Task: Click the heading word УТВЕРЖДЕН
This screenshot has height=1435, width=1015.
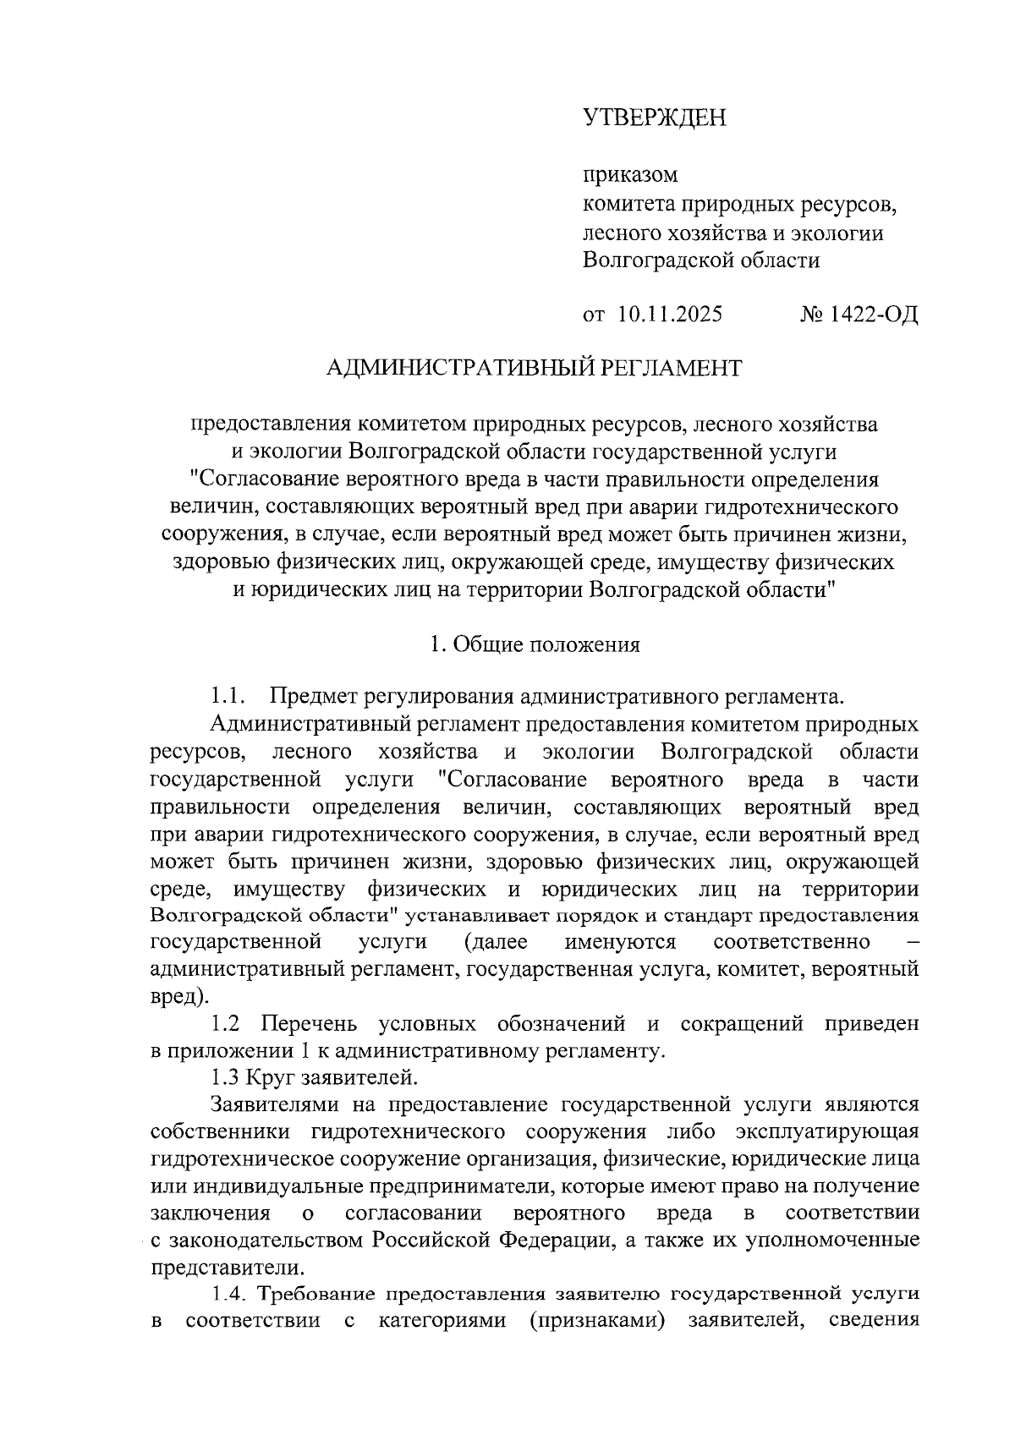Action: click(655, 118)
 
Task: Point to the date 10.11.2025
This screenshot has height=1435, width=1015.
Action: click(670, 315)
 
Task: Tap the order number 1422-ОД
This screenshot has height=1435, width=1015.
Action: click(873, 315)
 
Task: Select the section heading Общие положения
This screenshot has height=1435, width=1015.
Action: click(546, 644)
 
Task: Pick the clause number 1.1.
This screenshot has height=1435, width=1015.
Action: click(228, 698)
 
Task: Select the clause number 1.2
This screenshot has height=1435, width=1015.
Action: click(226, 1024)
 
